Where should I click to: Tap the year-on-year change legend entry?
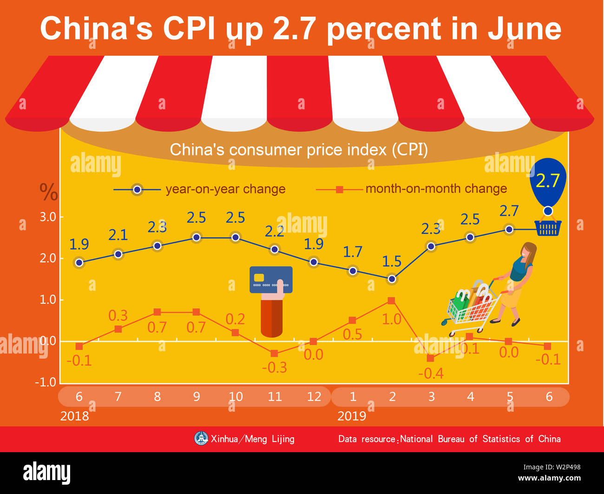coord(200,189)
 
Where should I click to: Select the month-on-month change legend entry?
coord(411,189)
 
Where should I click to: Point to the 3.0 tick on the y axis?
coord(47,217)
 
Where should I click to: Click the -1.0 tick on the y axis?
coord(46,382)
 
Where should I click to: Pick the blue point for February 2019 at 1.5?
coord(392,279)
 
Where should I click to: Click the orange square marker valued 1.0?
coord(391,301)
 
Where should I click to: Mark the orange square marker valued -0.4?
coord(430,358)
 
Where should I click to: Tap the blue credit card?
coord(271,280)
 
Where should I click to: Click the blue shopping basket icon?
coord(548,228)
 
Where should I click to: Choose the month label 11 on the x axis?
coord(275,397)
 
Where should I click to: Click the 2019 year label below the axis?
coord(352,416)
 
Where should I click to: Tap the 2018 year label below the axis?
coord(74,416)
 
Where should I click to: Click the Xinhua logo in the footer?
coord(201,438)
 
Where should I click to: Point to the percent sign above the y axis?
coord(48,192)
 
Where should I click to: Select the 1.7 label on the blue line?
coord(352,252)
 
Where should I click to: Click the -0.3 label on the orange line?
coord(274,368)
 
